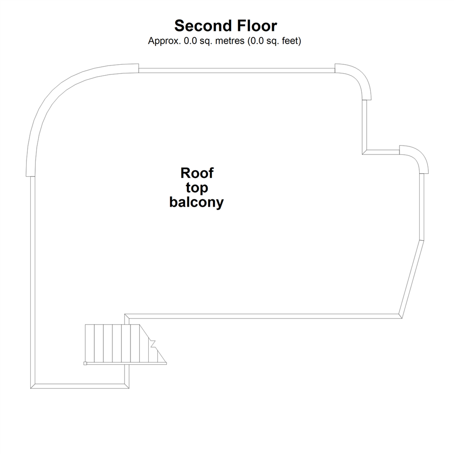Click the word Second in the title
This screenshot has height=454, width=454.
pyautogui.click(x=201, y=26)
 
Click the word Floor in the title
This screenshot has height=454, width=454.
pyautogui.click(x=256, y=26)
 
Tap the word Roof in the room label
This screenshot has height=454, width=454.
pyautogui.click(x=197, y=173)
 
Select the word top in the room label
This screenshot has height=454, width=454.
pyautogui.click(x=197, y=187)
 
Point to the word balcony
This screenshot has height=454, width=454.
pyautogui.click(x=196, y=202)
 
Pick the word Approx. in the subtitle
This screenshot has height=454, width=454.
pyautogui.click(x=164, y=41)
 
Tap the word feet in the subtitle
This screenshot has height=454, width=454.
pyautogui.click(x=290, y=41)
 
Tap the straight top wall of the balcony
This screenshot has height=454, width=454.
pyautogui.click(x=236, y=70)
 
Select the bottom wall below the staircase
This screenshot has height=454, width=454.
pyautogui.click(x=80, y=386)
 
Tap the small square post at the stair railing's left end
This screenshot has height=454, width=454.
pyautogui.click(x=85, y=364)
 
